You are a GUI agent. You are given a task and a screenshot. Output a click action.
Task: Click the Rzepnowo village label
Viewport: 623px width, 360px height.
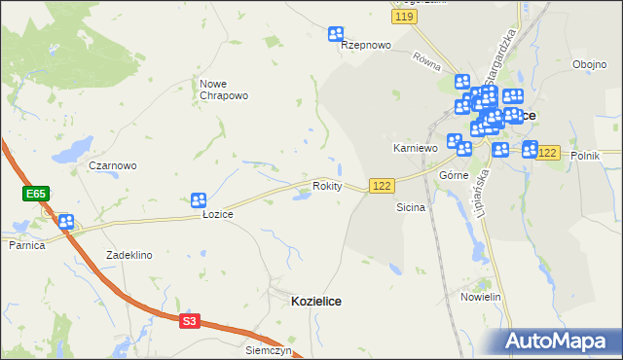point(366,46)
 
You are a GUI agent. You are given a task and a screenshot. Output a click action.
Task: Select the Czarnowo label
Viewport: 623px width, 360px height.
point(113,165)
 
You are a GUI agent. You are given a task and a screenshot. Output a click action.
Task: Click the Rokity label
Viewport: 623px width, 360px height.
point(327,186)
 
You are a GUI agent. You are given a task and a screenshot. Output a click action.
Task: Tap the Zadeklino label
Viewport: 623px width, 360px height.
point(129,255)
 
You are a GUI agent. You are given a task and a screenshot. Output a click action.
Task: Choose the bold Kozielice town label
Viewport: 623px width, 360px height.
point(316,302)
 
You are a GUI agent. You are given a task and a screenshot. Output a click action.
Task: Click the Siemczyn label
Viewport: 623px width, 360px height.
point(270,349)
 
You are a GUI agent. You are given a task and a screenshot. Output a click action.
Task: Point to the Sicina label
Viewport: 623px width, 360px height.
point(410,208)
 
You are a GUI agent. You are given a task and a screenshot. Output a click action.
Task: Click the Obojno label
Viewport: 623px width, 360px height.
point(590,65)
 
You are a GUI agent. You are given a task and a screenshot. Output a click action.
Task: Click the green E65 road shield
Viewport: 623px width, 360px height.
point(36,195)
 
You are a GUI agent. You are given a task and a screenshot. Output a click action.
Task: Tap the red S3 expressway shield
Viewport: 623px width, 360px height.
point(190,320)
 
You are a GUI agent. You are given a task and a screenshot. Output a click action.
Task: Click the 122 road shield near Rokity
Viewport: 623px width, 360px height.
point(382,186)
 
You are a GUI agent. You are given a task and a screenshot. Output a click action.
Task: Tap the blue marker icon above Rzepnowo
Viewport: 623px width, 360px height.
point(337,34)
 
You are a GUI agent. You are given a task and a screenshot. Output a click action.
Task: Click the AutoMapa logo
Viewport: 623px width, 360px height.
point(559,341)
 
